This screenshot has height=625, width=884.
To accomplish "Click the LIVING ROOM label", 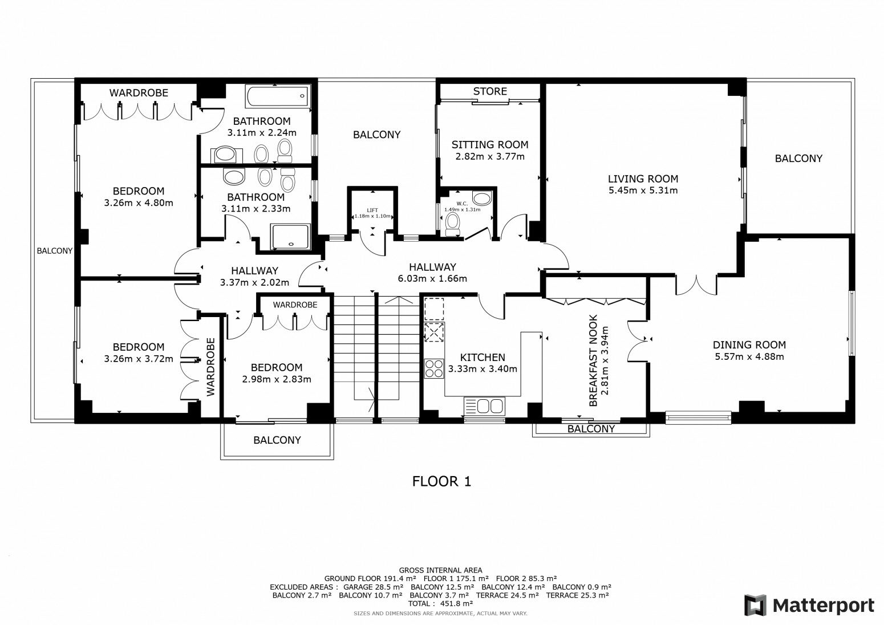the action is (643, 178).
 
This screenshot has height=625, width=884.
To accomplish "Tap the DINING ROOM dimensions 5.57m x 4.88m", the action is (749, 356).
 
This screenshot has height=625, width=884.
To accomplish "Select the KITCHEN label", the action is (482, 358).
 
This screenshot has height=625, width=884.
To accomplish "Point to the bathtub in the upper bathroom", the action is (278, 96).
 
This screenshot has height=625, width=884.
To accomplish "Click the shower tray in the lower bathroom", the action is (290, 237).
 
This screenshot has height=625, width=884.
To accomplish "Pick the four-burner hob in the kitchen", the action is (434, 369).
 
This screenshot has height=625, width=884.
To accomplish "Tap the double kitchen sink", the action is (485, 406).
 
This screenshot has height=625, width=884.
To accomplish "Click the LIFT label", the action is (372, 210).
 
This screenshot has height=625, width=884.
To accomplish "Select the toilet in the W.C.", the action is (452, 224).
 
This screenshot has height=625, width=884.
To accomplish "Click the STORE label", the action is (490, 92).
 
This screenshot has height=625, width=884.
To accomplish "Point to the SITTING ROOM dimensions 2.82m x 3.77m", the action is (490, 157).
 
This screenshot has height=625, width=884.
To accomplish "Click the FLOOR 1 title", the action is (441, 481).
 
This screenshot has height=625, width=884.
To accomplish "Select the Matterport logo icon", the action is (755, 605).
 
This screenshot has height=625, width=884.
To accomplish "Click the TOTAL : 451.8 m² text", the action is (440, 604).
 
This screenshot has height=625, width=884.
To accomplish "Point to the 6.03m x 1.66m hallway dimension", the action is (432, 278).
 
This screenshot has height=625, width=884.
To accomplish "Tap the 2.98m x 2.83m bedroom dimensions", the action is (277, 380).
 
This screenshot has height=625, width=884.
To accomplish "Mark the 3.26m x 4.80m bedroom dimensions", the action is (139, 203).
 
